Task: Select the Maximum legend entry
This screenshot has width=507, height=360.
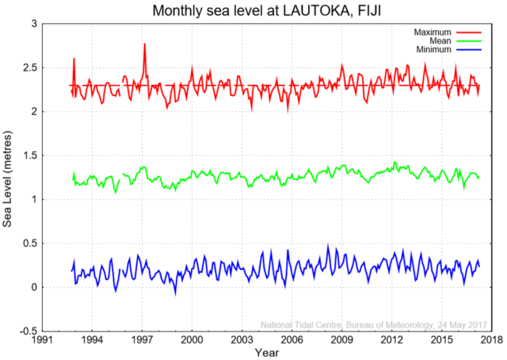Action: [x=431, y=32]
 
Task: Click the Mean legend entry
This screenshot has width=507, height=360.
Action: [x=437, y=40]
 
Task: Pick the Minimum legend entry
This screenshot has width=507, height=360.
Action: [x=432, y=50]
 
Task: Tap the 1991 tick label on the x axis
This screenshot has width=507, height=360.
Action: [x=43, y=339]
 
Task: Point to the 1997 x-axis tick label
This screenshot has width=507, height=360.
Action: [x=143, y=339]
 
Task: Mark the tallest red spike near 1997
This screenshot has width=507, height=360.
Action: [x=145, y=44]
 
